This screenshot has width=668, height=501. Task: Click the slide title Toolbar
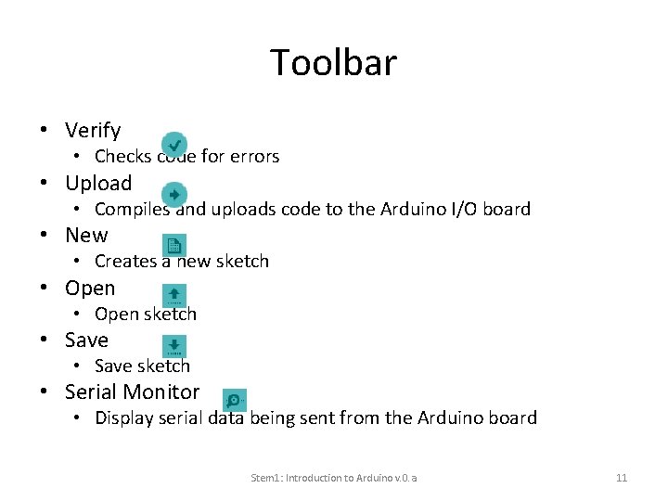[x=333, y=63]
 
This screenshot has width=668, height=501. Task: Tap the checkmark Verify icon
[x=173, y=145]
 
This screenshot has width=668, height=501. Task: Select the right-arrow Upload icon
[x=173, y=195]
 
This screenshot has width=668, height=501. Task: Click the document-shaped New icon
[x=173, y=245]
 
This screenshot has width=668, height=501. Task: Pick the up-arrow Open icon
[x=173, y=294]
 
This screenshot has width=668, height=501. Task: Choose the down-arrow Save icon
[x=173, y=346]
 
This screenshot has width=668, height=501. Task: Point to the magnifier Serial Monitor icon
[x=235, y=400]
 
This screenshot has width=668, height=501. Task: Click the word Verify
[x=93, y=131]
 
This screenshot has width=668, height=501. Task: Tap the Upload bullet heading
[x=98, y=183]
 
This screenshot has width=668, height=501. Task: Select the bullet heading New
[x=86, y=236]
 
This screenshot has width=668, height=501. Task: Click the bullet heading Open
[x=90, y=288]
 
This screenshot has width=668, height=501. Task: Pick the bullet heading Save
[x=86, y=340]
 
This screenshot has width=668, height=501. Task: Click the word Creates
[x=125, y=262]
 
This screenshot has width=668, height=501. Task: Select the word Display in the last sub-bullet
[x=125, y=418]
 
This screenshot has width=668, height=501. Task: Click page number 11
[x=622, y=478]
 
